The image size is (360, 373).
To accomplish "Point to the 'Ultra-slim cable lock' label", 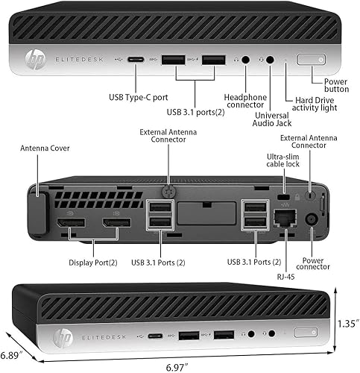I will (x=284, y=161).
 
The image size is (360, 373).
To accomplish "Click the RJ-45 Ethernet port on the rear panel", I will (x=283, y=219).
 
